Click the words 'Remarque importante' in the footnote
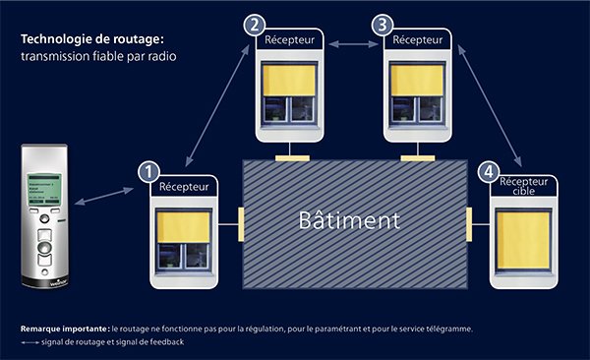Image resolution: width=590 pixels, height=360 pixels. tap(64, 328)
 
